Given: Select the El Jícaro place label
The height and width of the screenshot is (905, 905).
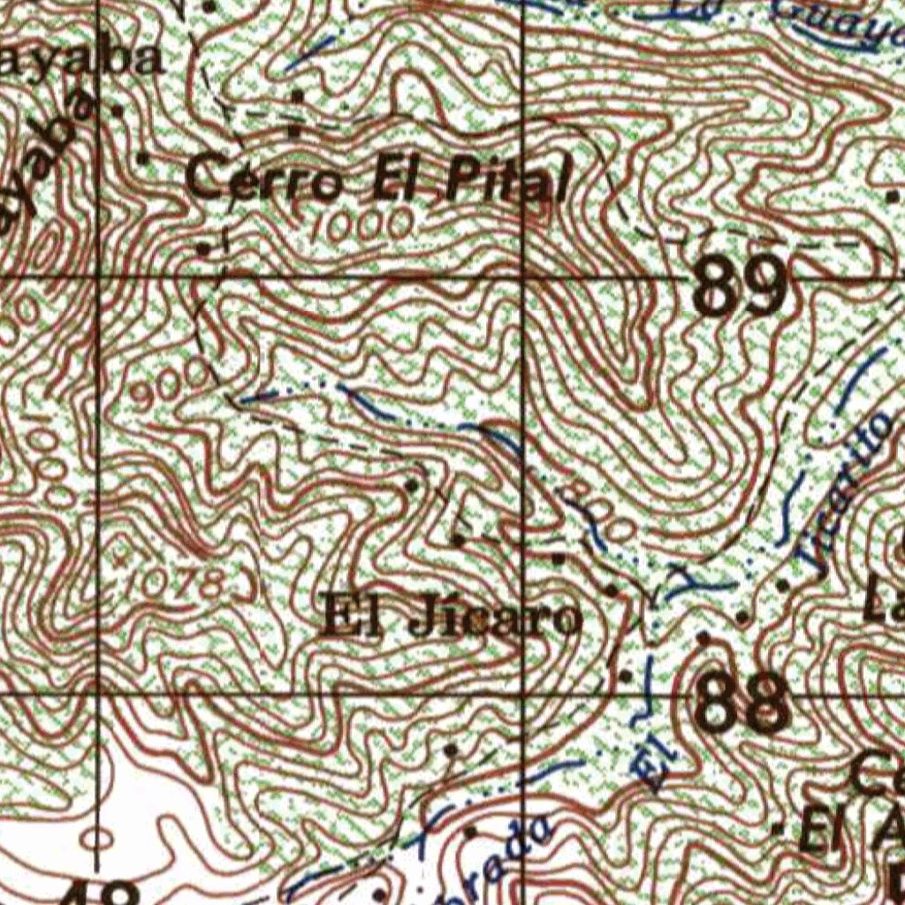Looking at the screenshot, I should pos(452,616).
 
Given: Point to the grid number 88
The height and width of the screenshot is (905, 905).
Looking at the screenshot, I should pos(741,701).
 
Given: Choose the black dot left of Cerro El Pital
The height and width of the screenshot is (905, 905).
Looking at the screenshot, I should pos(144,158).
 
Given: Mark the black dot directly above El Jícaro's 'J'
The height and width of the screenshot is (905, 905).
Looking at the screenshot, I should pos(459,538).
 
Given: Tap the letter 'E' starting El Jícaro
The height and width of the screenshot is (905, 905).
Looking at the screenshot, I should pos(337,613).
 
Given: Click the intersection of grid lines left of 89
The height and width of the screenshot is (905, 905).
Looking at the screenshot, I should pos(524,278).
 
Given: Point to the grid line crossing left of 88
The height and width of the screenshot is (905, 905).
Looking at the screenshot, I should pos(524,694).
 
